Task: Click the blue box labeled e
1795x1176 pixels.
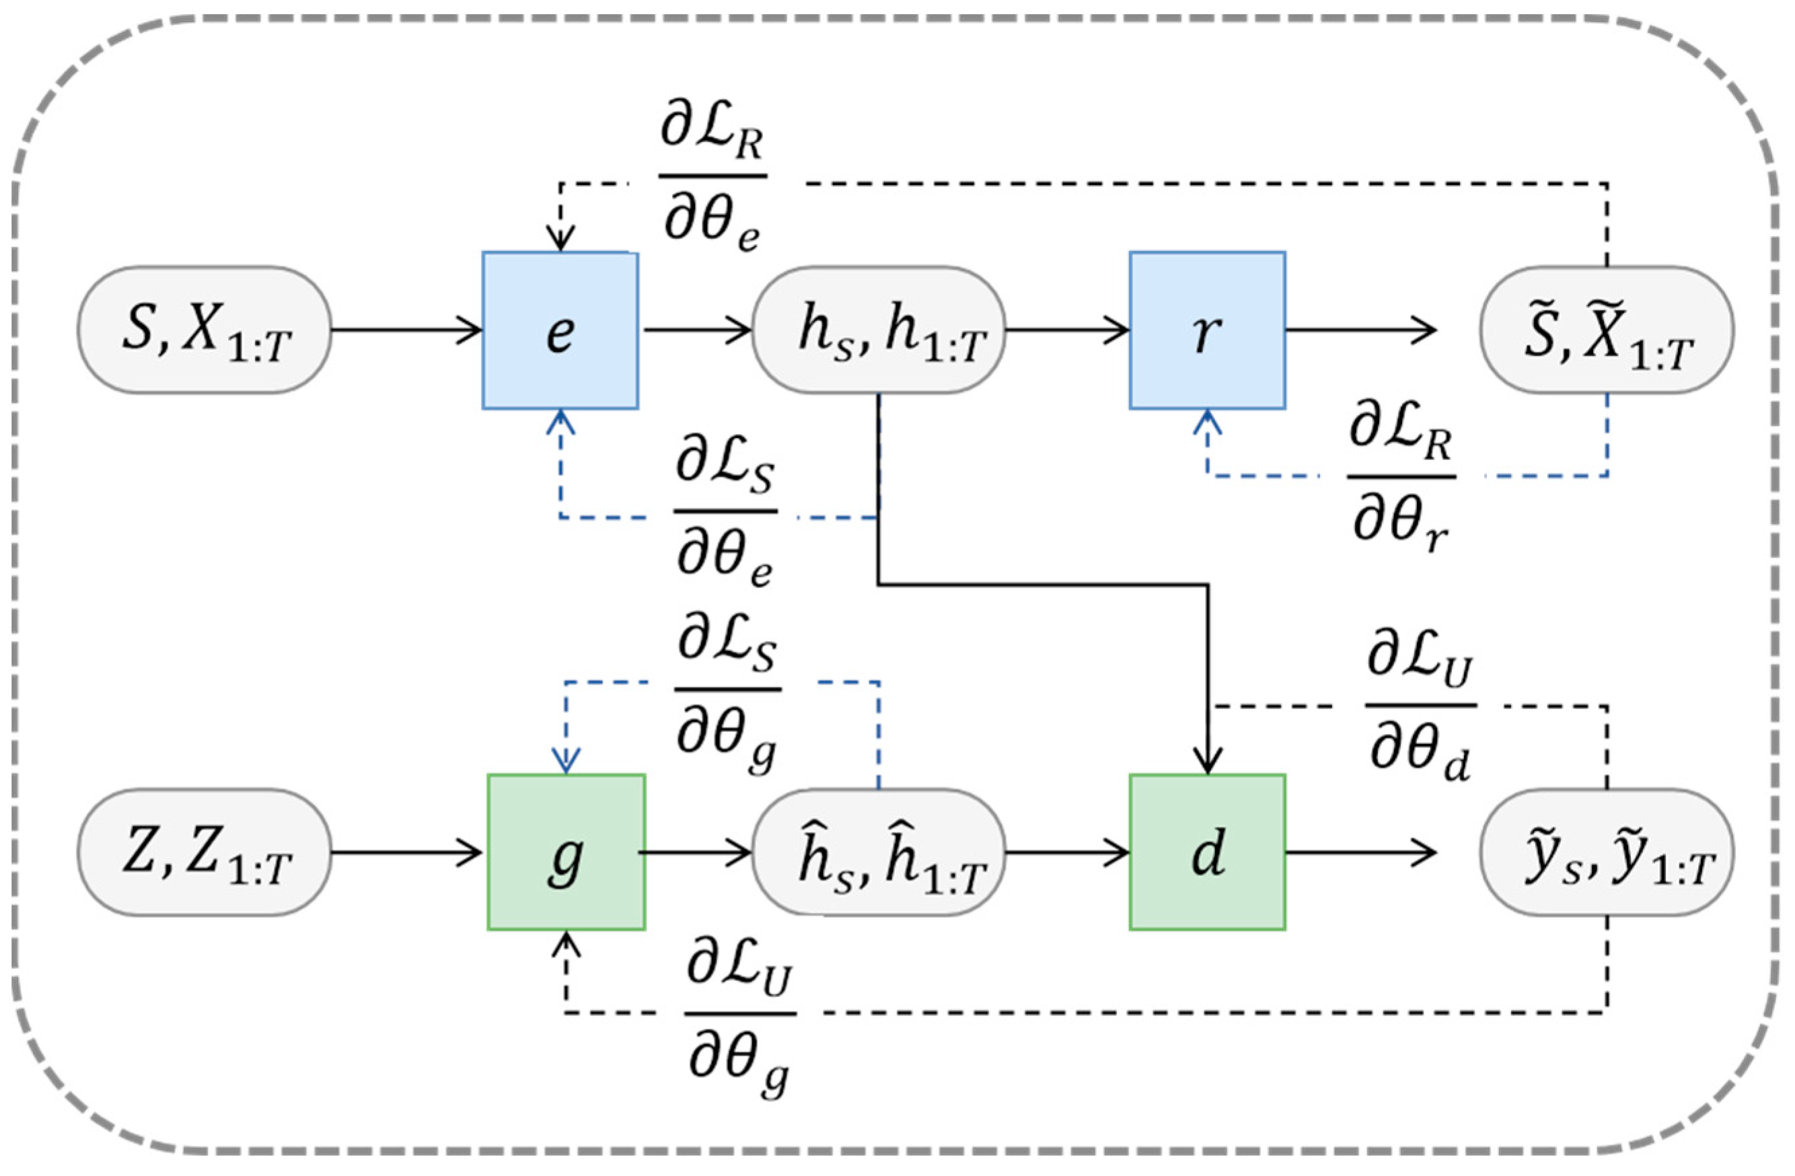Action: (560, 330)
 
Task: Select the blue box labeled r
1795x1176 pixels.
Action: (1207, 330)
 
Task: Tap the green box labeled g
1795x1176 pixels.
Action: (566, 852)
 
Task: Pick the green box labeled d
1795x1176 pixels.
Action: (1207, 852)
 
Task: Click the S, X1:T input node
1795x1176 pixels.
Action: (205, 330)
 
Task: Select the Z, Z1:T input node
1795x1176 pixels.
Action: (205, 852)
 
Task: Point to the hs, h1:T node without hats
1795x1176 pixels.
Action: (879, 330)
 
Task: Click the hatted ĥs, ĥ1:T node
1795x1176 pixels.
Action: (879, 852)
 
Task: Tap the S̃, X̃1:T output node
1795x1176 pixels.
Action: (1607, 330)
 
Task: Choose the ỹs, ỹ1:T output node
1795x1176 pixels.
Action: (1607, 852)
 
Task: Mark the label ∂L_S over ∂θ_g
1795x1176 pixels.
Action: (727, 690)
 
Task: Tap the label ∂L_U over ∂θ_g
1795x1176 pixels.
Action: (739, 1014)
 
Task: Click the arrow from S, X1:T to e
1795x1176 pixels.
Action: (407, 330)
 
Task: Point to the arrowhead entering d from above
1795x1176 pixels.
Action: (1208, 758)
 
